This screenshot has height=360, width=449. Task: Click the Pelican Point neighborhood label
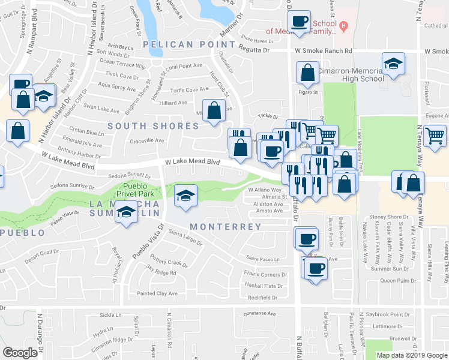click(189, 44)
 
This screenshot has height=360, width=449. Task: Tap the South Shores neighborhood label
click(153, 126)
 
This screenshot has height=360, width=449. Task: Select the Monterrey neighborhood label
click(226, 227)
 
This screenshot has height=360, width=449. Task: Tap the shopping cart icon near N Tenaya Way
click(434, 135)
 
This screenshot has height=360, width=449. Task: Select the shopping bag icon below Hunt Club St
click(214, 110)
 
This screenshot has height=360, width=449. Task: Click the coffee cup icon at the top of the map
click(299, 22)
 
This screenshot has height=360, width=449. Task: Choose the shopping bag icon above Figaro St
click(307, 73)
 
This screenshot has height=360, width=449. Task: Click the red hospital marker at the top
click(343, 26)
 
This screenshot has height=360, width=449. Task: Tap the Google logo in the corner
click(20, 352)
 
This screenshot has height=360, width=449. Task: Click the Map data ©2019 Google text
click(412, 355)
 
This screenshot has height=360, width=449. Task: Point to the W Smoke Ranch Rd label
click(323, 52)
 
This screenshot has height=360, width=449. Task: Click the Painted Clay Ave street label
click(157, 293)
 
